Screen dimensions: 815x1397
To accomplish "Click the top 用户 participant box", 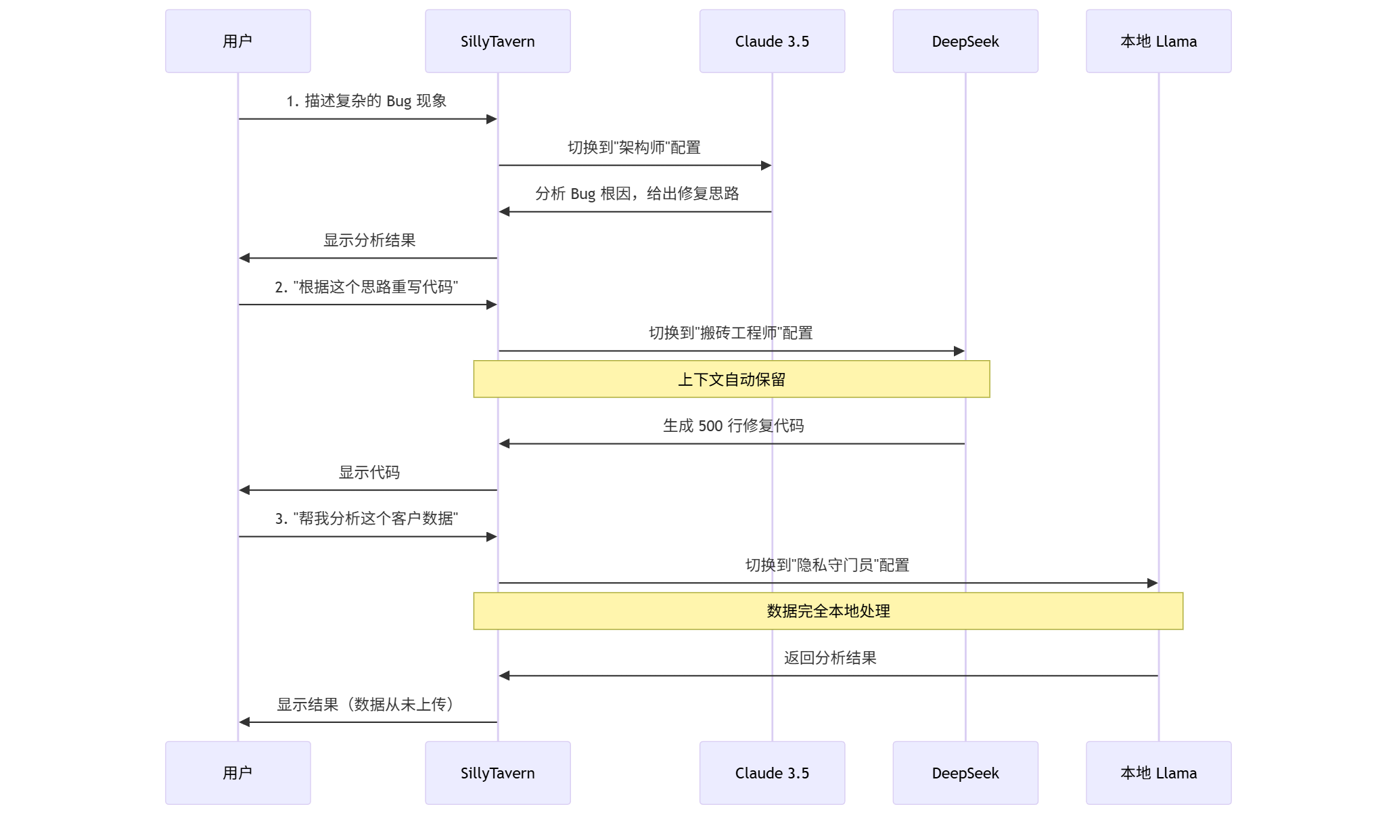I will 237,41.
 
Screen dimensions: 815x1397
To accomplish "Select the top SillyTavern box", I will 497,41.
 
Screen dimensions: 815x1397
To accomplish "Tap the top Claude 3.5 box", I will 772,41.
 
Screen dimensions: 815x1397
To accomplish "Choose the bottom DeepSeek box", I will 965,772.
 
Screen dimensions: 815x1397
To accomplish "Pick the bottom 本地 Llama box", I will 1158,772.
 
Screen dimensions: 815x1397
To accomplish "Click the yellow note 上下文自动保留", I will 731,379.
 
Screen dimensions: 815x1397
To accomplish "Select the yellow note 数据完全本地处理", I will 828,611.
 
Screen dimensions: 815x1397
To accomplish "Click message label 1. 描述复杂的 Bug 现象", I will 366,101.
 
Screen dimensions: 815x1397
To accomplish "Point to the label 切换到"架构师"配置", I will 634,148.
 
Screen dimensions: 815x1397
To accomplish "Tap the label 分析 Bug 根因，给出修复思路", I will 637,194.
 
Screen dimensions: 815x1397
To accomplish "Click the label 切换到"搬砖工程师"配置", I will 731,333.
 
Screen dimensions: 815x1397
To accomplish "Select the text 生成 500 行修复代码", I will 733,426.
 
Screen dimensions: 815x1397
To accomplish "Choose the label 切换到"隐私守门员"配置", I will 827,565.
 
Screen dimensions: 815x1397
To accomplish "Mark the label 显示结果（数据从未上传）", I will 366,705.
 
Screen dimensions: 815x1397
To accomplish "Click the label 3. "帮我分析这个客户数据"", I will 366,519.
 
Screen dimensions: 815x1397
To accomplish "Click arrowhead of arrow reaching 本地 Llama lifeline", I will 1152,583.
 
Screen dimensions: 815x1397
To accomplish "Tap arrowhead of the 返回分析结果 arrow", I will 505,676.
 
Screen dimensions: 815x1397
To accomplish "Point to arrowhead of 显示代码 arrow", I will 245,489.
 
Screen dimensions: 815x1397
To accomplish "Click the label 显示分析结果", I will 369,240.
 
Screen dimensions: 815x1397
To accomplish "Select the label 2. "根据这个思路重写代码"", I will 366,287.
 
